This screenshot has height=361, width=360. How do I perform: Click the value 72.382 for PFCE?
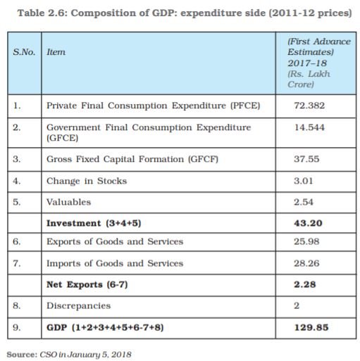click(309, 106)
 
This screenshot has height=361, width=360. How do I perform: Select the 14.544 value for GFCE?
click(309, 127)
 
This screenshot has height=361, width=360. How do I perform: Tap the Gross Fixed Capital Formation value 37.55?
click(306, 159)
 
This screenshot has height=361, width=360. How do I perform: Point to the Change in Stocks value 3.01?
click(304, 181)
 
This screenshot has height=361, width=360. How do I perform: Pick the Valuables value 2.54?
click(304, 202)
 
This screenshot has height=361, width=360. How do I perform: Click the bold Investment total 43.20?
click(308, 223)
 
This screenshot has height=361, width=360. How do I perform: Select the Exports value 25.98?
click(306, 241)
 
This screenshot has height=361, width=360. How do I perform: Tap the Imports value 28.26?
click(306, 263)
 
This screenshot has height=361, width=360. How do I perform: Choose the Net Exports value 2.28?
click(304, 284)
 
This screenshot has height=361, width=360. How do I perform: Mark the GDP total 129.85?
click(311, 327)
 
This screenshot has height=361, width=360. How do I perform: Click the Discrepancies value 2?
click(297, 305)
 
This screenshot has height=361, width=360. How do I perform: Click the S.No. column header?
click(24, 52)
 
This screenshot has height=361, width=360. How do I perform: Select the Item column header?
click(56, 52)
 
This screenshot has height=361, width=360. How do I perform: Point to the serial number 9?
click(17, 327)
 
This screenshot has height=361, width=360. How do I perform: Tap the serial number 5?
click(17, 202)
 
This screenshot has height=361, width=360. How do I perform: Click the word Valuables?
click(68, 202)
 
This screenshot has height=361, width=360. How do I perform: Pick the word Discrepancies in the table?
click(78, 305)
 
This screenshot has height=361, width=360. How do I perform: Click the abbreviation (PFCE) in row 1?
click(245, 106)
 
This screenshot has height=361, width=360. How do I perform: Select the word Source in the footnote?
click(22, 355)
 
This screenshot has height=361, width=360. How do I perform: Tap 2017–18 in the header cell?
click(307, 63)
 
